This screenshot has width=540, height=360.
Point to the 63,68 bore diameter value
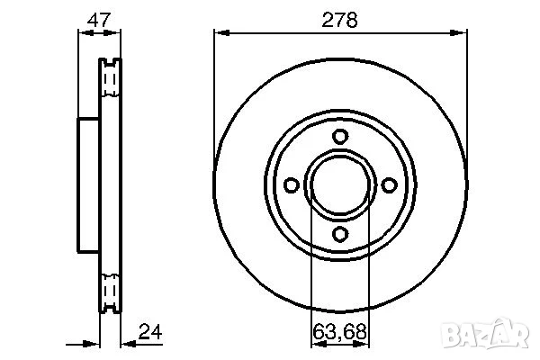[x=339, y=331]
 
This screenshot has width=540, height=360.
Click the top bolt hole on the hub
[x=339, y=136]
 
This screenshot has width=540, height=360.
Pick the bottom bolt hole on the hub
[x=339, y=233]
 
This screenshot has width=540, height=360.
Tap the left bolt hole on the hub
[x=291, y=184]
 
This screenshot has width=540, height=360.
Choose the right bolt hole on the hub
[x=389, y=184]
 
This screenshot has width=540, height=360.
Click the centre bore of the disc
[x=339, y=184]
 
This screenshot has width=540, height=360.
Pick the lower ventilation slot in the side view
[x=110, y=290]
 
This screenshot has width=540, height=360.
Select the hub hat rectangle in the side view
[x=88, y=184]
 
